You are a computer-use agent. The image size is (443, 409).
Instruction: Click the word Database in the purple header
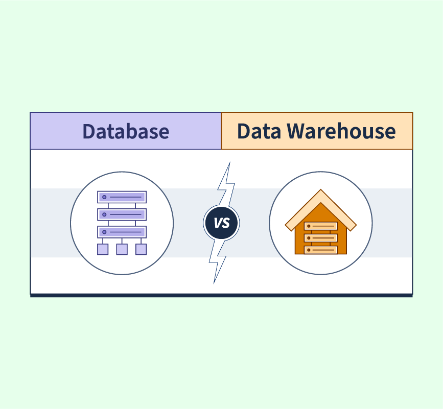126,131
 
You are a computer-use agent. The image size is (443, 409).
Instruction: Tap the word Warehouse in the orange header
341,131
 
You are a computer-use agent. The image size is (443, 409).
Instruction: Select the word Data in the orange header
259,131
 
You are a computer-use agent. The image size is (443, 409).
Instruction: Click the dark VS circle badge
222,223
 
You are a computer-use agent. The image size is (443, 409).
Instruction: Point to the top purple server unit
122,197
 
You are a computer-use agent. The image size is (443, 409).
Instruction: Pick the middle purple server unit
122,214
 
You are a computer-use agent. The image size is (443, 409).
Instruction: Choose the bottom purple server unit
122,232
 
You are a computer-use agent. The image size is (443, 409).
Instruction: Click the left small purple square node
103,249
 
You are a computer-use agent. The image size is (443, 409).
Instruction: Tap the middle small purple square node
122,249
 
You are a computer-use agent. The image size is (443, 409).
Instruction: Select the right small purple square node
141,249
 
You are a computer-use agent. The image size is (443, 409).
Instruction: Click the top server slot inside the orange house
321,226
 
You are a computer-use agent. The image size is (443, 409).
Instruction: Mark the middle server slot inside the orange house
321,238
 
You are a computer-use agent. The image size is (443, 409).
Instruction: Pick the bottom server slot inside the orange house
321,250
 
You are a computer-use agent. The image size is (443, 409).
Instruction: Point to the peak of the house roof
321,189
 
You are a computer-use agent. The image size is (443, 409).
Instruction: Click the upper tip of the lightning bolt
230,162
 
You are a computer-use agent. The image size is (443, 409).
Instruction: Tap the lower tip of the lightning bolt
214,283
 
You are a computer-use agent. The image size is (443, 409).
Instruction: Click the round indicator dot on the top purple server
104,197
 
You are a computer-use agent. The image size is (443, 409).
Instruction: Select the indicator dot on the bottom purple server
104,232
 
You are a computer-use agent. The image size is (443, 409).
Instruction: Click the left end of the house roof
285,226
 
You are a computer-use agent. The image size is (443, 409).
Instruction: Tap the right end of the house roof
356,226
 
